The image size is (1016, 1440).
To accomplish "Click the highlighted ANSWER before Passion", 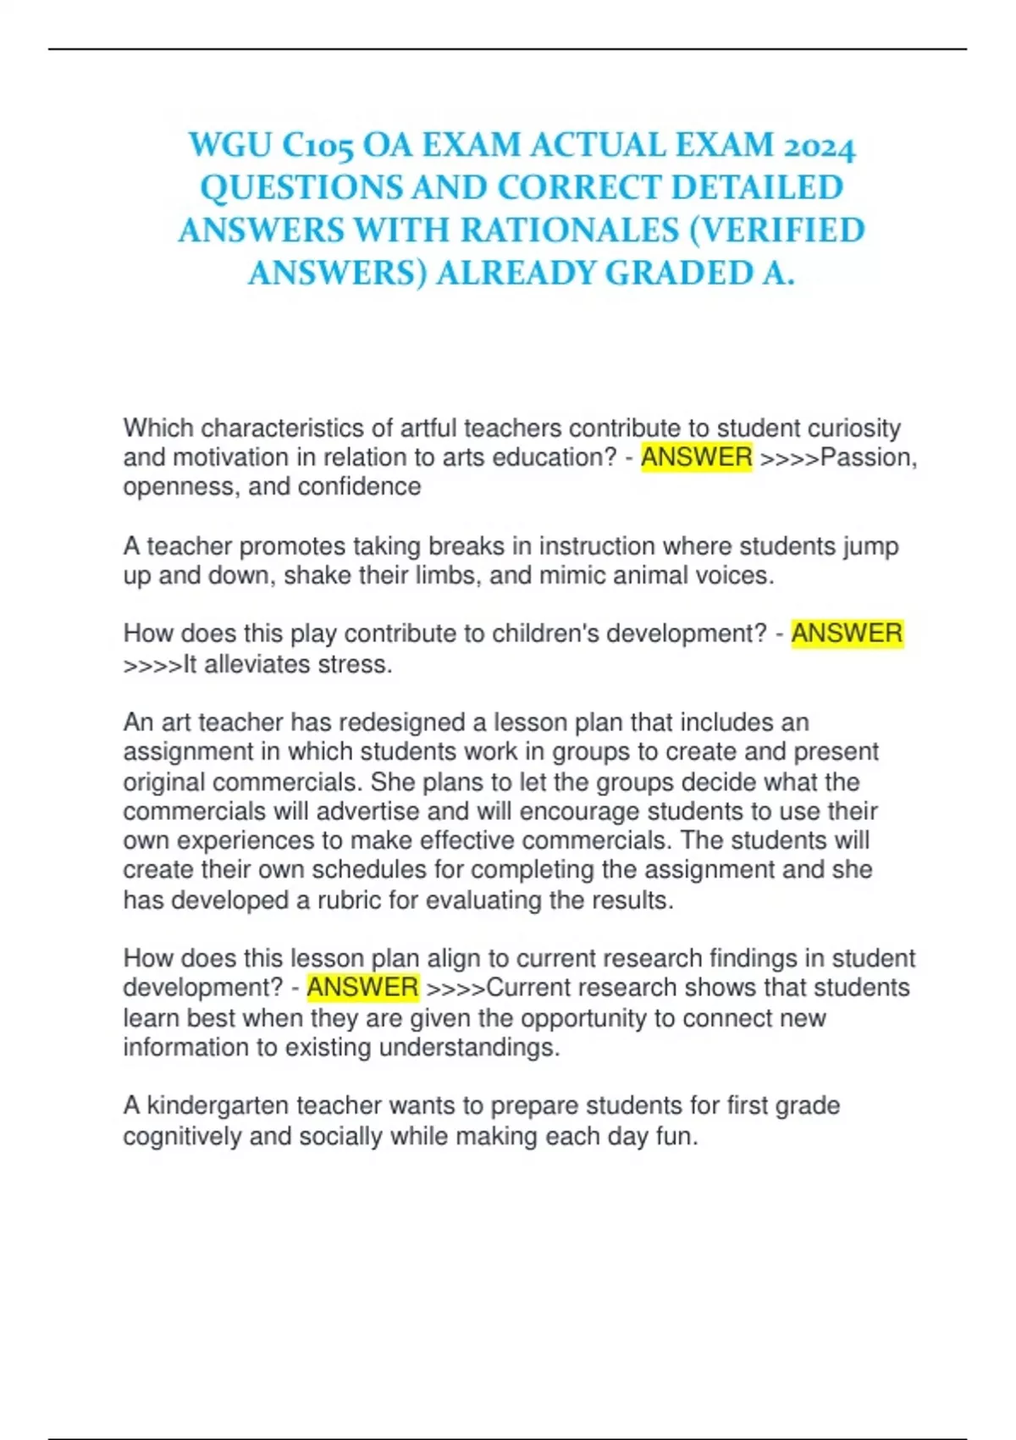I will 696,457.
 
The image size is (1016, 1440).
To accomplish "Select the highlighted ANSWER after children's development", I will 847,634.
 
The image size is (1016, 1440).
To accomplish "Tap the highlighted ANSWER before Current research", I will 362,988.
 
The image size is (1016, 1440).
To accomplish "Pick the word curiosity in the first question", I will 853,428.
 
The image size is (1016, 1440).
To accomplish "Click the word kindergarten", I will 218,1106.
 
